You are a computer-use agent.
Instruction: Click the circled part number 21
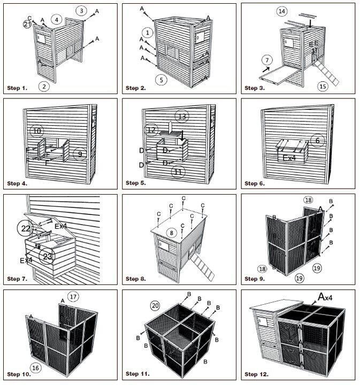click(27, 24)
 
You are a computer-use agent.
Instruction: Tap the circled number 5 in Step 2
click(159, 80)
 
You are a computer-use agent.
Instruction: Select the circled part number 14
click(282, 11)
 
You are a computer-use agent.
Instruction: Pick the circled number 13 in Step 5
click(182, 116)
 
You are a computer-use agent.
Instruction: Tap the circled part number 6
click(318, 140)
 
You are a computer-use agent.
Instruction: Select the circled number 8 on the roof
click(171, 233)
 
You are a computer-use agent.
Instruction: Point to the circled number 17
click(74, 296)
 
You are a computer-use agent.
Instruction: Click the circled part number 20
click(155, 305)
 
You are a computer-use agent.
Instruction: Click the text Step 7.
click(17, 279)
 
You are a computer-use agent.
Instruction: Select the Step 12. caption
click(257, 374)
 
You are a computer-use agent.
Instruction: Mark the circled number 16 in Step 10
click(35, 368)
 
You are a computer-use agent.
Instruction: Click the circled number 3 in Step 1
click(80, 10)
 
